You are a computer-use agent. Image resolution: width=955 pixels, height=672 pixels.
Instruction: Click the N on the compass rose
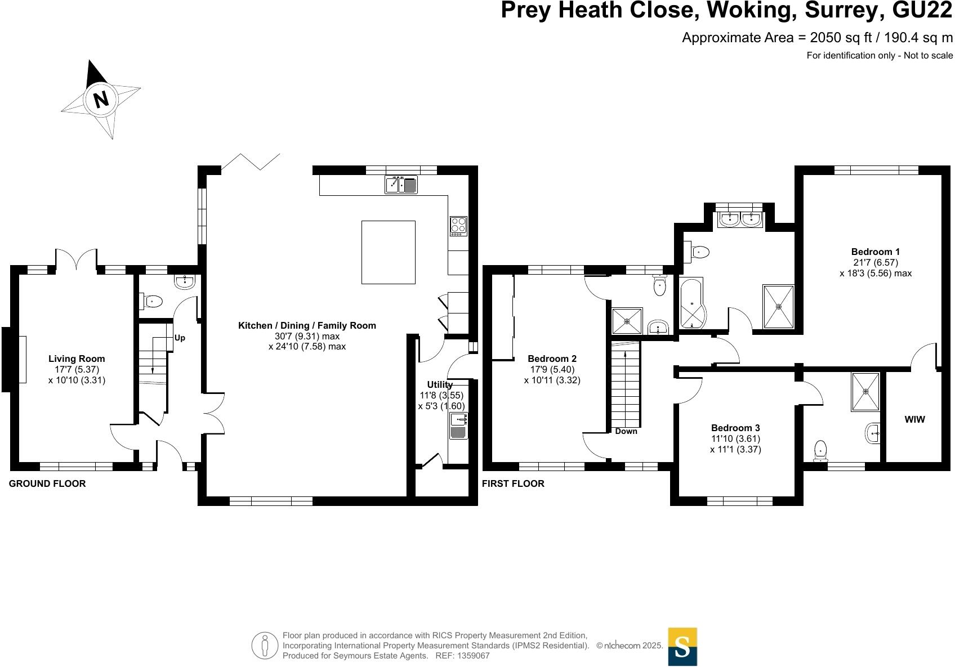(101, 100)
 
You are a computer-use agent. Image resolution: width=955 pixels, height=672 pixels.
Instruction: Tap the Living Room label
(77, 359)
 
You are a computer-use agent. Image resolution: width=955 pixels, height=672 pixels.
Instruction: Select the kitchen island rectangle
(388, 252)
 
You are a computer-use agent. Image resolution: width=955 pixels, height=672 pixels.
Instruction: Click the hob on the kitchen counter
(458, 226)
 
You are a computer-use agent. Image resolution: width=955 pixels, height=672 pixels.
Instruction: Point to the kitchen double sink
(401, 185)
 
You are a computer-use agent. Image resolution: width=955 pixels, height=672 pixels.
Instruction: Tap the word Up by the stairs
(180, 338)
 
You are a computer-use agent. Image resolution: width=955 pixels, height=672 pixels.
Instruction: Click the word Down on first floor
(626, 431)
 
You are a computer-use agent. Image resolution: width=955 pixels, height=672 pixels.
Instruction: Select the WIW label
(914, 419)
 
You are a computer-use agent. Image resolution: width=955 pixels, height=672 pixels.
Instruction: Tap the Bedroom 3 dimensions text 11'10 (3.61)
(735, 438)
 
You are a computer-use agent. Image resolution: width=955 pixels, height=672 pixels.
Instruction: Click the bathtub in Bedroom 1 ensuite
(692, 303)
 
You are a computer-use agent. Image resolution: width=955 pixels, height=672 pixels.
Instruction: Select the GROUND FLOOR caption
(47, 483)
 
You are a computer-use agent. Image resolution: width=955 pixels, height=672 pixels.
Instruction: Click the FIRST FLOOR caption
(513, 483)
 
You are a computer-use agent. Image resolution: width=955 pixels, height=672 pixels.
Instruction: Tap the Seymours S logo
(682, 647)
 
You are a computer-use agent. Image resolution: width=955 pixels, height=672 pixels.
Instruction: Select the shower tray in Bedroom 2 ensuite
(626, 321)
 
